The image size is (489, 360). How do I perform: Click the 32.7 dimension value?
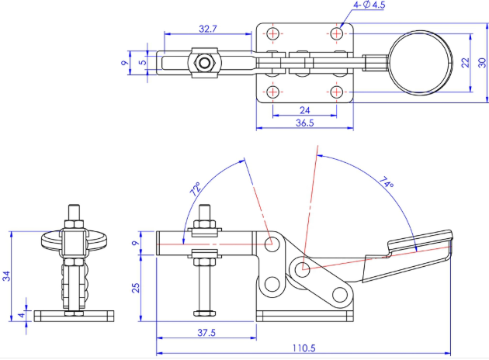coord(206,28)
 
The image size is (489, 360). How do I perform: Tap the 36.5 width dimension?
coord(304,123)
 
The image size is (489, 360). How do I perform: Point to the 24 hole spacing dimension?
coord(304,109)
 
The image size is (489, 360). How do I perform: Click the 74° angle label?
coord(386,183)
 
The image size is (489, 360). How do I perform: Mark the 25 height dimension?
coord(136,287)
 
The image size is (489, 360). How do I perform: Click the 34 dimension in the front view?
coord(7,274)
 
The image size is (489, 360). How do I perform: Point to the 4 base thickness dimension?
coord(21,316)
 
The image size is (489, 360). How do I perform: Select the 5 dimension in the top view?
coord(142,62)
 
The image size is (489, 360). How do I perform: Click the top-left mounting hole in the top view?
coord(272,33)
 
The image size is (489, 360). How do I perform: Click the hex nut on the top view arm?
coord(205,62)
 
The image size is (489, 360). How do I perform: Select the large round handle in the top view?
coord(420,62)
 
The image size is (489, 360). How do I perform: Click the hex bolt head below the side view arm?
coord(205,313)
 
